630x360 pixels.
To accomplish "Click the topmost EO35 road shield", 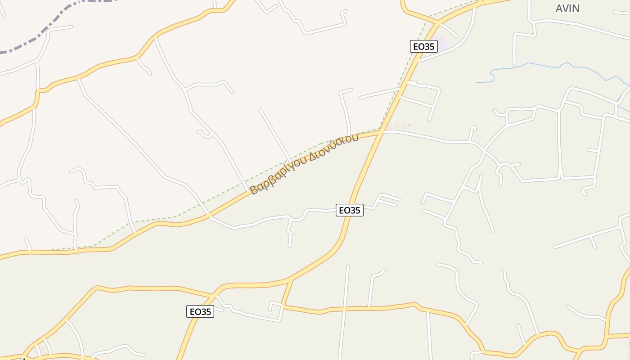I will (424, 46).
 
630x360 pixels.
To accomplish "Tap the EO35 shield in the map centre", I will (349, 210).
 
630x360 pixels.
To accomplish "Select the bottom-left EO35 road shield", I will (200, 311).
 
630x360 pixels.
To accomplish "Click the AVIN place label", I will (567, 9).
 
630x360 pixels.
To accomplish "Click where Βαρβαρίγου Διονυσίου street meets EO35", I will (381, 131).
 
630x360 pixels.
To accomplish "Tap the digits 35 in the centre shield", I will (355, 210).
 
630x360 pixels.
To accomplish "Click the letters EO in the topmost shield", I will (418, 46).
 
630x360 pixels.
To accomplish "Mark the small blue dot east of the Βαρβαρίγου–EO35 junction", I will (409, 125).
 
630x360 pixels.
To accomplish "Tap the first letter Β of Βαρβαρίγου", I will (254, 189).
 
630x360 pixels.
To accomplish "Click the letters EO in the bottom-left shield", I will (195, 311).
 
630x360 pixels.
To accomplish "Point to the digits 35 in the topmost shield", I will (430, 46).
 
